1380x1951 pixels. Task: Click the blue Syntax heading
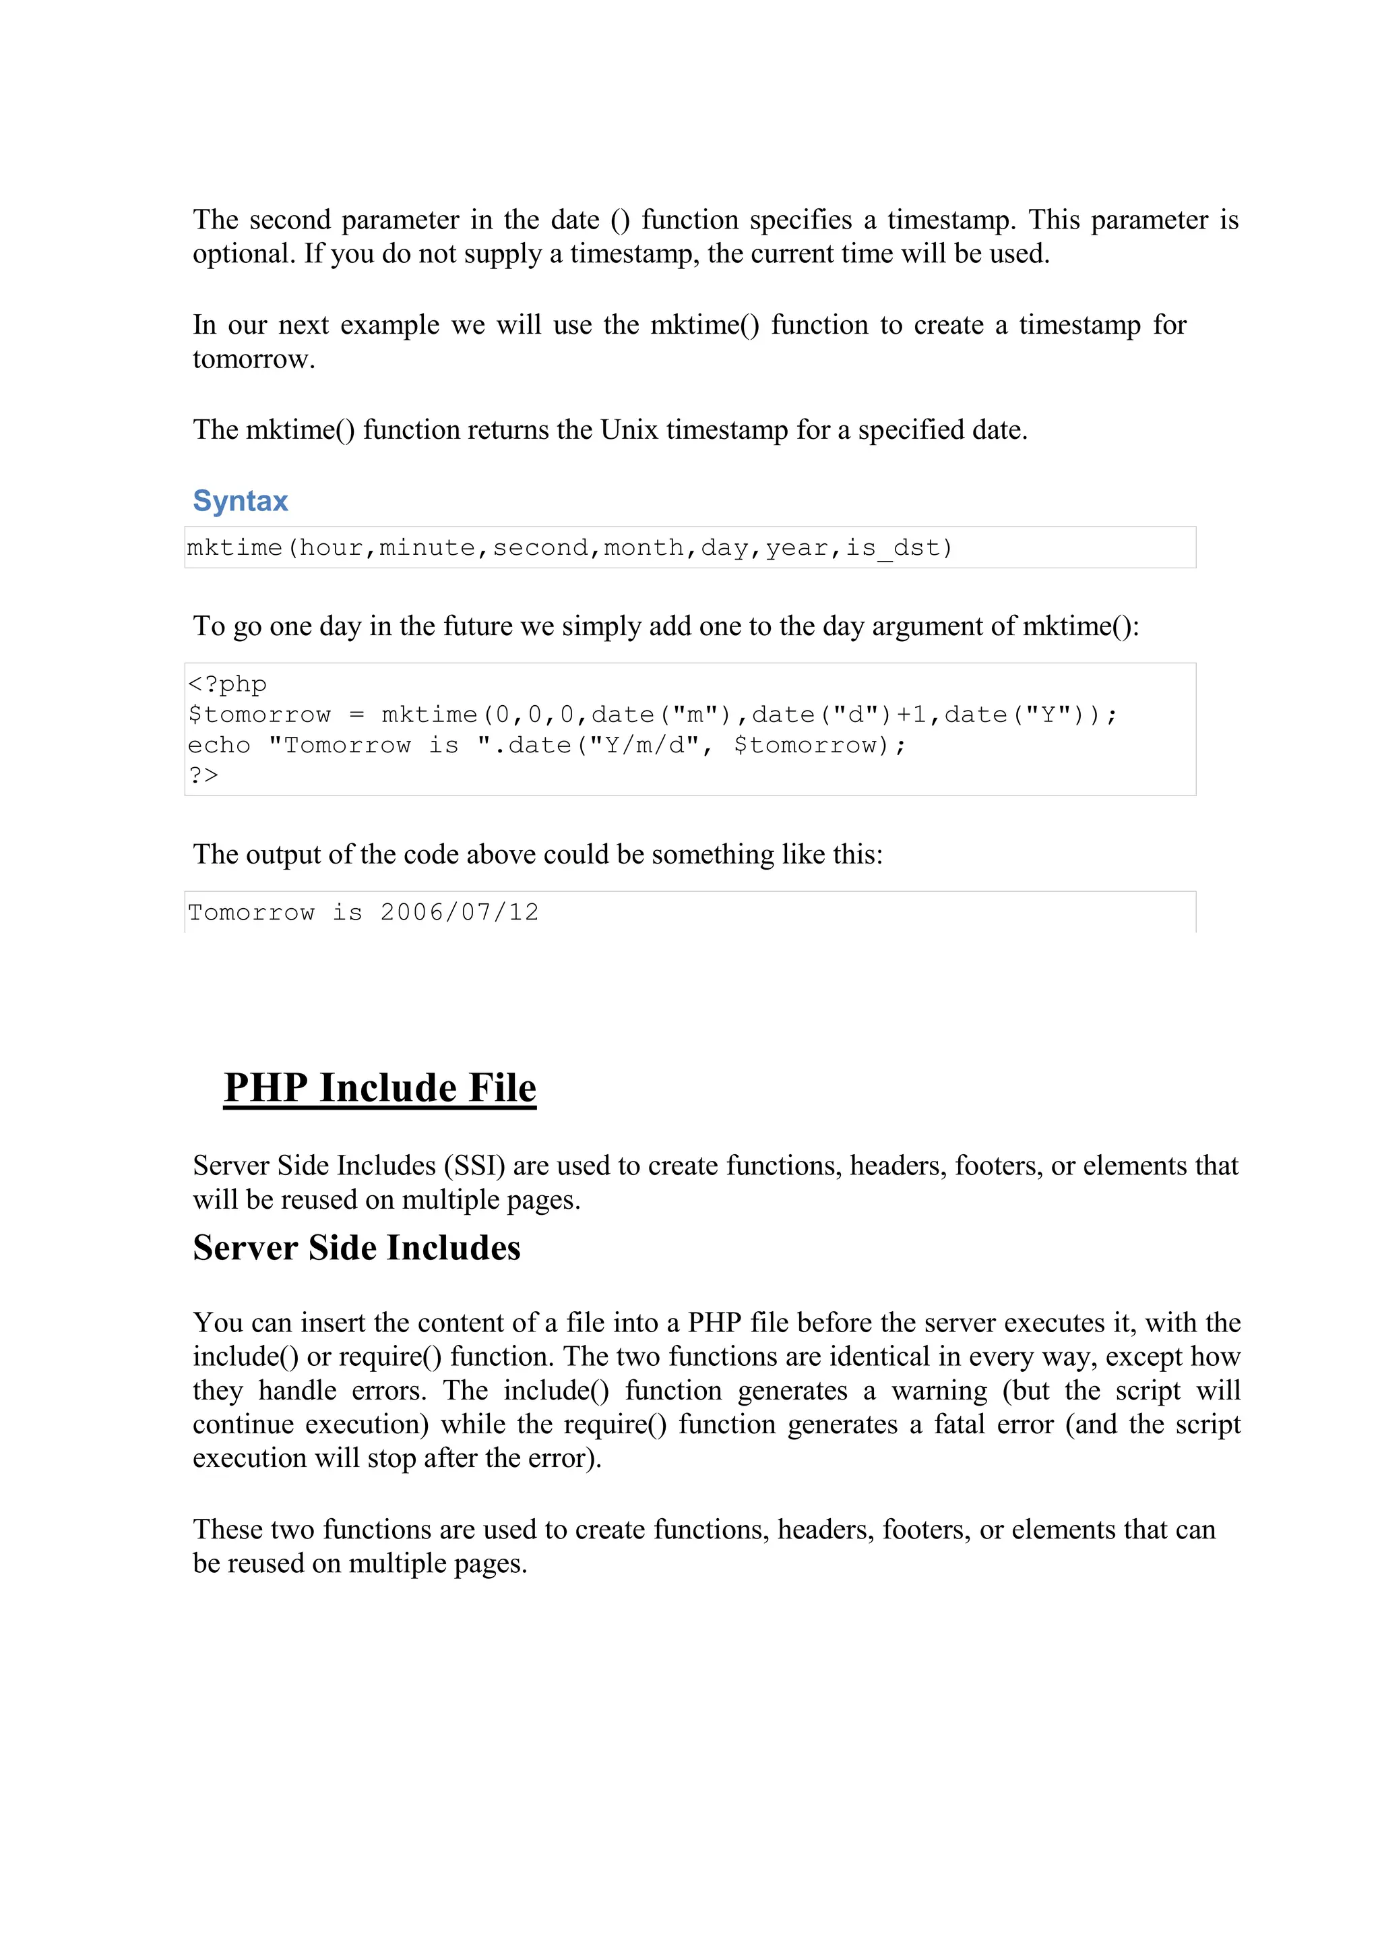[241, 501]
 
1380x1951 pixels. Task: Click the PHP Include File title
[380, 1088]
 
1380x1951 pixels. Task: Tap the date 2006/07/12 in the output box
[459, 912]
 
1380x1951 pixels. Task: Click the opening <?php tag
[227, 684]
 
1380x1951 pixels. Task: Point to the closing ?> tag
[203, 775]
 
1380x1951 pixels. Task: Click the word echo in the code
[219, 746]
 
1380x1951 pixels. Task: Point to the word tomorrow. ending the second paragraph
[253, 359]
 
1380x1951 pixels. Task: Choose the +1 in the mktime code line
[912, 715]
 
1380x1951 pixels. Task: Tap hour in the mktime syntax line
[331, 547]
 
